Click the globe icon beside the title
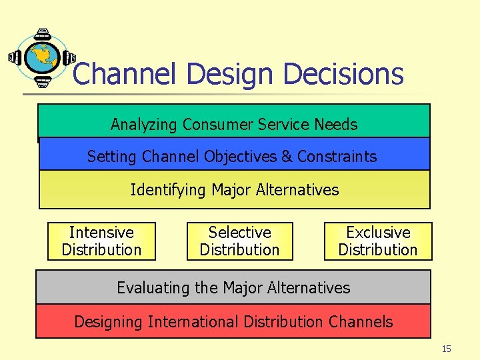point(42,58)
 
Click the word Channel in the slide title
point(123,74)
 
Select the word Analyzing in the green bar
point(144,125)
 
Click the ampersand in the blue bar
point(287,157)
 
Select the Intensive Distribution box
point(101,241)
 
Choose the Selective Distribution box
point(239,241)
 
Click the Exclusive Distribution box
point(378,241)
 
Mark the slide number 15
point(447,349)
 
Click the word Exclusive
point(378,233)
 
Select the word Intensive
point(101,233)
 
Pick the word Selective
point(239,233)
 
